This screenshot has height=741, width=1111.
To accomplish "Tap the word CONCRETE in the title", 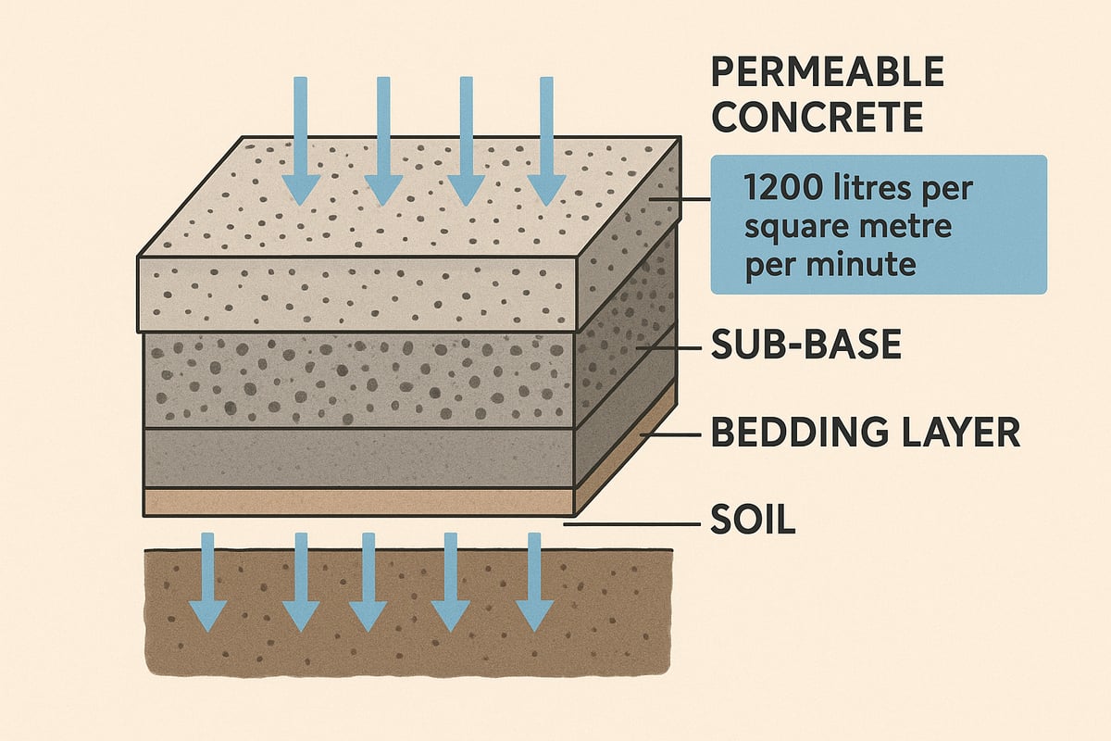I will pos(819,118).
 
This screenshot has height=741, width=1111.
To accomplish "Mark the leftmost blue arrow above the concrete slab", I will pos(299,139).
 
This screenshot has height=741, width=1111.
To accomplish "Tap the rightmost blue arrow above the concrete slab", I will pos(546,139).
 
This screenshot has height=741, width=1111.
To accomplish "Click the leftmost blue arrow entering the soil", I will pos(207,584).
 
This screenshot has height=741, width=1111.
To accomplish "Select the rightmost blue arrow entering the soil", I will pos(533,584).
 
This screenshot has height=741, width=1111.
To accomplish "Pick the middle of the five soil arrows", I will pos(368,584).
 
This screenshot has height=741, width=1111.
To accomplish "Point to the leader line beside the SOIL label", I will pos(630,525).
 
